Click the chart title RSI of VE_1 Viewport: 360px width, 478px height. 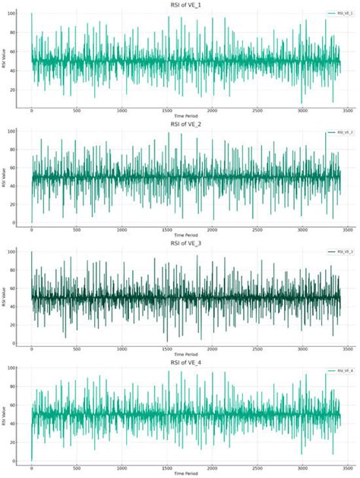[x=185, y=4]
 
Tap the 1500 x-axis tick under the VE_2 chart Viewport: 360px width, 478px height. [x=167, y=229]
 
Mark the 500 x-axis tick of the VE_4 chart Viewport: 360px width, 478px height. [x=77, y=468]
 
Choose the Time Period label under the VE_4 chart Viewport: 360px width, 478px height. [x=185, y=473]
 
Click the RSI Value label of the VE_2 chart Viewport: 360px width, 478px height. [x=6, y=177]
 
